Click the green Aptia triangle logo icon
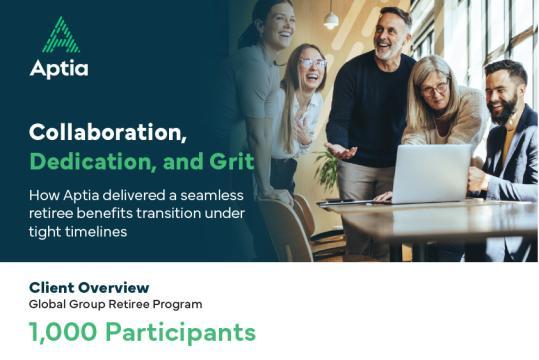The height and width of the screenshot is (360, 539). [62, 35]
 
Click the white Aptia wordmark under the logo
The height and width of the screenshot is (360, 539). [59, 69]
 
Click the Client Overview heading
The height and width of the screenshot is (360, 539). [89, 287]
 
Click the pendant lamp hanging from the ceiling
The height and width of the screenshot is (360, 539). [330, 17]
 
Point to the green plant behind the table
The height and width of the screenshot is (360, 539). [327, 170]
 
